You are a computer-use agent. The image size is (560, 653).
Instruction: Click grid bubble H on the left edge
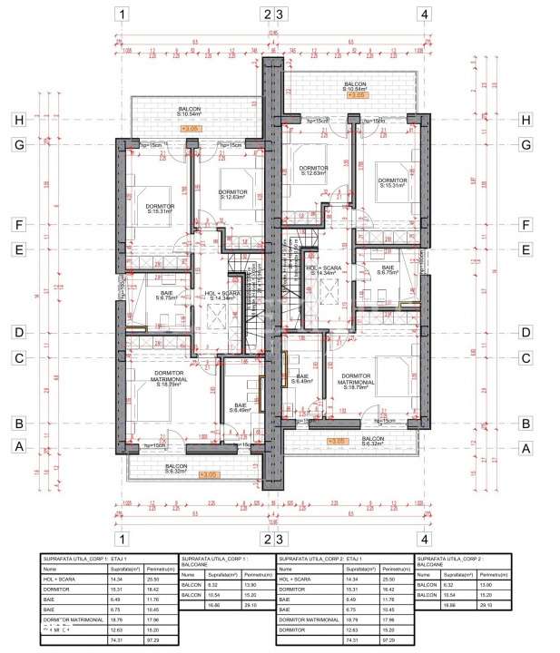click(16, 120)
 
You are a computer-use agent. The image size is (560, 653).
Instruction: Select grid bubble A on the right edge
click(525, 447)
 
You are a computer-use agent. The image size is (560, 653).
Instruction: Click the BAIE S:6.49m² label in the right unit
click(301, 379)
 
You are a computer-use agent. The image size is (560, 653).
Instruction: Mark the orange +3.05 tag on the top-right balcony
click(357, 94)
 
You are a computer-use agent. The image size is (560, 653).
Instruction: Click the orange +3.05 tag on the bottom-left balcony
click(208, 474)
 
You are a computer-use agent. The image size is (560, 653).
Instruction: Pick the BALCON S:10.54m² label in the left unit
click(191, 112)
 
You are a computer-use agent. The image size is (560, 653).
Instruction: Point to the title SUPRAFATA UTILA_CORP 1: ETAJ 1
click(84, 559)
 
